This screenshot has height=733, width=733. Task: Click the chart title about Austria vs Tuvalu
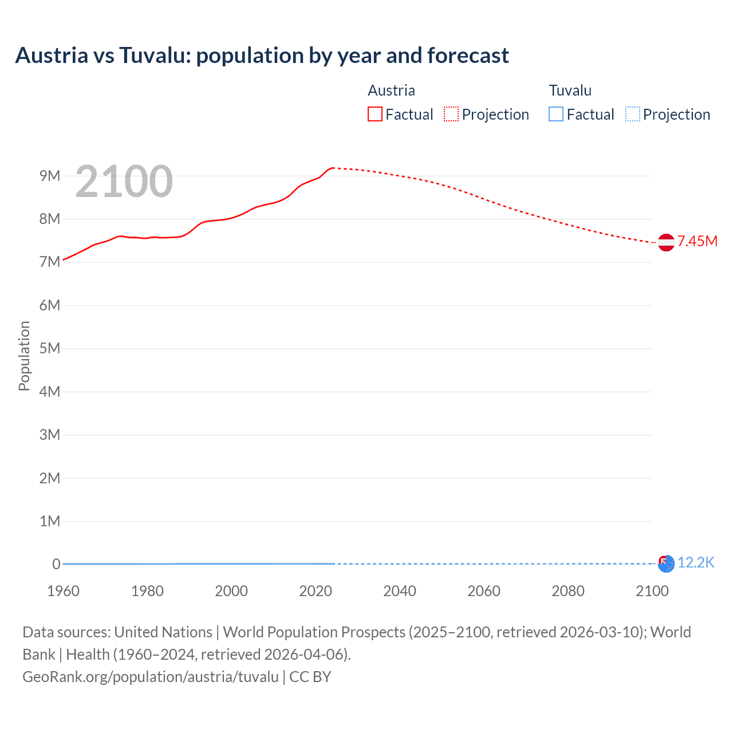(262, 56)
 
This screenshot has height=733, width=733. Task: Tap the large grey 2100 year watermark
(124, 182)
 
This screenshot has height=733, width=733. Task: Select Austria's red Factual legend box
(375, 115)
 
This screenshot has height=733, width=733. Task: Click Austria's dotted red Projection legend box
(451, 115)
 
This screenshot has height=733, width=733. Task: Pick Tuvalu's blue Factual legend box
(555, 115)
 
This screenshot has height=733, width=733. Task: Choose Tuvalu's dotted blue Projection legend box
(632, 115)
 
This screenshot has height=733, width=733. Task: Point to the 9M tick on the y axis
(50, 176)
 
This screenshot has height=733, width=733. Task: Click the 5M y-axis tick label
(50, 348)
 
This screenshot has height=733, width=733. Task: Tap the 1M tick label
(50, 521)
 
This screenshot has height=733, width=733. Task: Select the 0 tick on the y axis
(56, 564)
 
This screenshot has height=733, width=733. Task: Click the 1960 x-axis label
(63, 591)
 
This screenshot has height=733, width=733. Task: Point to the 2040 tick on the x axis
(400, 591)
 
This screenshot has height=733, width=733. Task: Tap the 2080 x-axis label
(568, 591)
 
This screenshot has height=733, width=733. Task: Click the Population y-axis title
(24, 356)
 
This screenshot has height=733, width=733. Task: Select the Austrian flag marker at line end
(666, 242)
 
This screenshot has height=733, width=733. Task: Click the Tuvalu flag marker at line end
(666, 564)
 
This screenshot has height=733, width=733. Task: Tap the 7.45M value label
(697, 241)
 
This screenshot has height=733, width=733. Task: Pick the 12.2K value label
(696, 563)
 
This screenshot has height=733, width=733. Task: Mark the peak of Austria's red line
(333, 168)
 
